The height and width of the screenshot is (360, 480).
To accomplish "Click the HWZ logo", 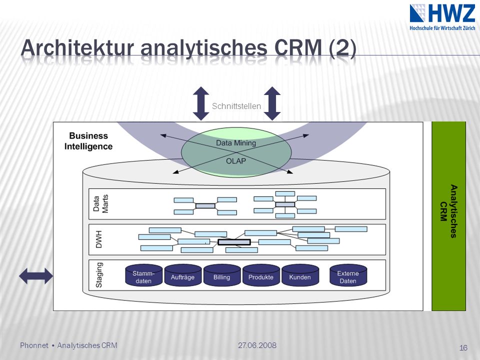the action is [x=442, y=17].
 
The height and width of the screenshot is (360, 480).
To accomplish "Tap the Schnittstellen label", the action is [x=236, y=106].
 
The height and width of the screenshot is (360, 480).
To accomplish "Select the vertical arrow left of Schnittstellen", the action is [x=201, y=103].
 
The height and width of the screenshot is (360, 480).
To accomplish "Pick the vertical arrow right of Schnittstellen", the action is [x=272, y=103].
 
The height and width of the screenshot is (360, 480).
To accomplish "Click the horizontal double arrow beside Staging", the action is [x=36, y=276].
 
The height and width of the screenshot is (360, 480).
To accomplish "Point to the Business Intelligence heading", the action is [x=88, y=141].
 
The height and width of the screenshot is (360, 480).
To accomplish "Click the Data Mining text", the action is [x=236, y=143].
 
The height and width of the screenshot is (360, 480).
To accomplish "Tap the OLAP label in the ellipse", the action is [x=236, y=161].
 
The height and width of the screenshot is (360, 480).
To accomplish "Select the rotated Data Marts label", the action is [x=100, y=203].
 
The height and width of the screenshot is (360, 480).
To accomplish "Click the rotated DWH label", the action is [x=98, y=239].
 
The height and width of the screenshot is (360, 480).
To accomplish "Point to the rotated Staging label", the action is [x=99, y=275].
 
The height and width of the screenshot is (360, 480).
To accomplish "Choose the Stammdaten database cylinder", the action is [x=143, y=275].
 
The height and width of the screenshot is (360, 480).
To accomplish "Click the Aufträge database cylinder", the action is [x=183, y=275].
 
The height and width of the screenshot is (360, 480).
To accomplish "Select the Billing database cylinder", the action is [x=222, y=275].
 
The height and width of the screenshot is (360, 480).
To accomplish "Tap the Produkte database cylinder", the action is [x=261, y=275].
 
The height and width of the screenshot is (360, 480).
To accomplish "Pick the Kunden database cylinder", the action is [x=300, y=275].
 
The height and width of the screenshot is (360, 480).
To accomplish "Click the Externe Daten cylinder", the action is [x=348, y=275].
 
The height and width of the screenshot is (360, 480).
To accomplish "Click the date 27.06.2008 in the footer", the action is [x=257, y=345].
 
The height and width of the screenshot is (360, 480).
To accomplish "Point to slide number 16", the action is [x=463, y=348].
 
